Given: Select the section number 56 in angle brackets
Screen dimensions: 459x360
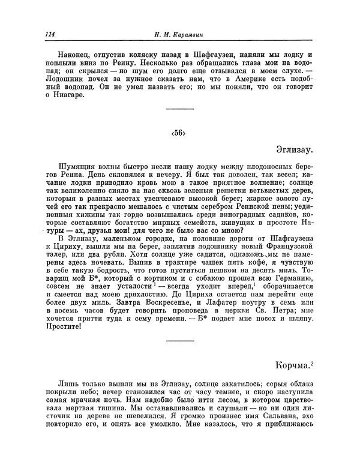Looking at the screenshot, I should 179,133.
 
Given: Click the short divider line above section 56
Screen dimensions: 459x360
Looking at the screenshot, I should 179,109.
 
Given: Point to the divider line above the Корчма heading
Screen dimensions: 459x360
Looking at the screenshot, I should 179,341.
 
